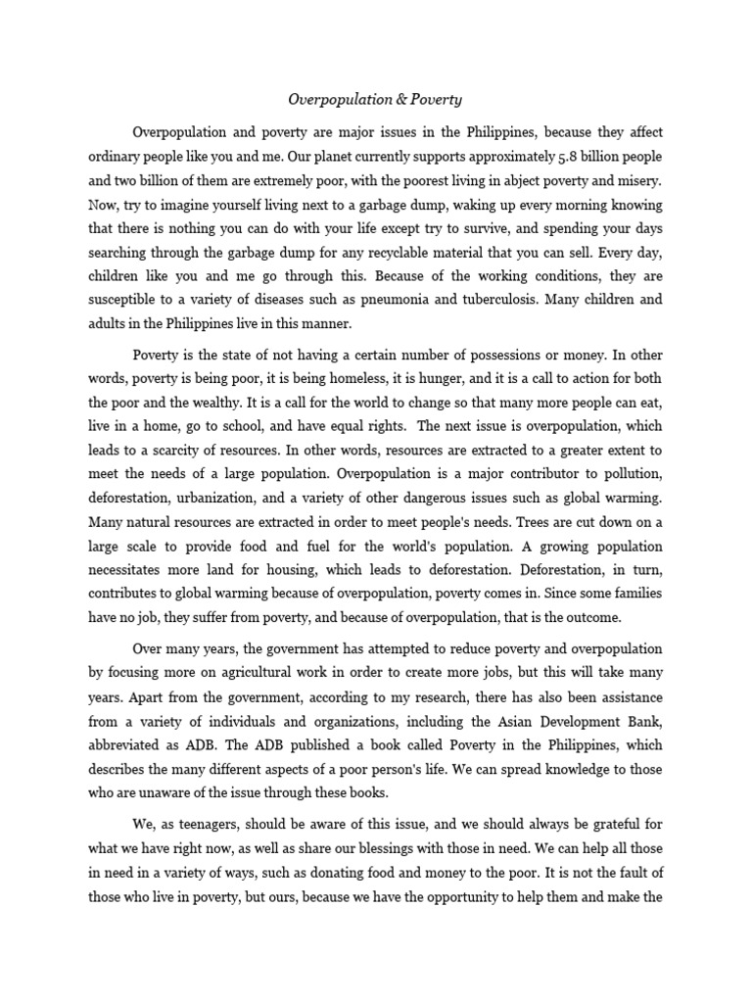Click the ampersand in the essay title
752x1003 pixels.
tap(378, 99)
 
